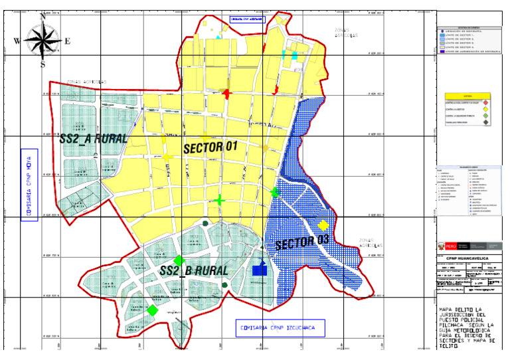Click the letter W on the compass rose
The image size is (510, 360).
pos(17,41)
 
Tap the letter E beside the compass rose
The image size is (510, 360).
pos(67,41)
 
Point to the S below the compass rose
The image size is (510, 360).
pos(42,64)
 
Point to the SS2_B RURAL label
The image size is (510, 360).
pos(194,271)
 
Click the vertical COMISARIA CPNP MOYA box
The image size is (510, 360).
pos(29,184)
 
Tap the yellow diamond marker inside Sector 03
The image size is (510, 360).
pos(323,225)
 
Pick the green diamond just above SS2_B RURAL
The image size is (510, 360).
pos(179,260)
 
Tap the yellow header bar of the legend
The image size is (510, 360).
pos(468,94)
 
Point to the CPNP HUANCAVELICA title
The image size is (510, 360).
pos(467,259)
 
